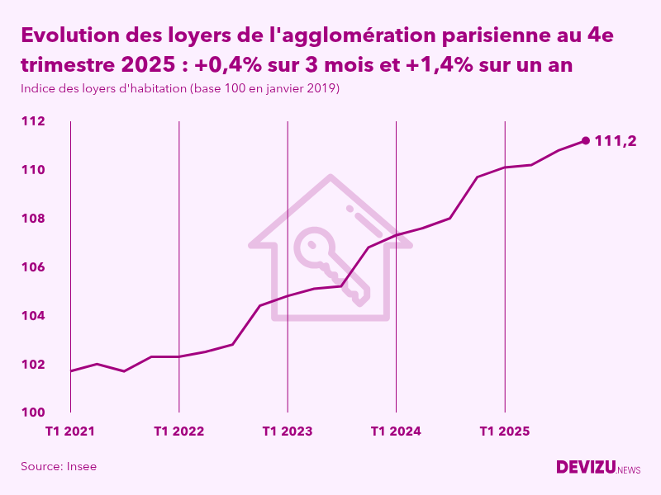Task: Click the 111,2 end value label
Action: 616,141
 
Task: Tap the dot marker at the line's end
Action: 586,140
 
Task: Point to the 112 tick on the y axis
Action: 32,121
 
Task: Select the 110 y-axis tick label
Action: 32,170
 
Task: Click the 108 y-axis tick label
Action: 32,219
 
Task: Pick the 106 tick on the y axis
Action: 32,267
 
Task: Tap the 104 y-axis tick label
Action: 32,316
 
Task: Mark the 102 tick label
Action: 32,365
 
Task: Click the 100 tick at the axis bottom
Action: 32,412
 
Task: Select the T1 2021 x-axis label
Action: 70,431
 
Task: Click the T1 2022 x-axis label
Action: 178,431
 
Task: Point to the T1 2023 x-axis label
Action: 288,431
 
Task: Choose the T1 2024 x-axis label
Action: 396,431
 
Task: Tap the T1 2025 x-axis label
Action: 504,431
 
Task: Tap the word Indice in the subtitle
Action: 38,88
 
